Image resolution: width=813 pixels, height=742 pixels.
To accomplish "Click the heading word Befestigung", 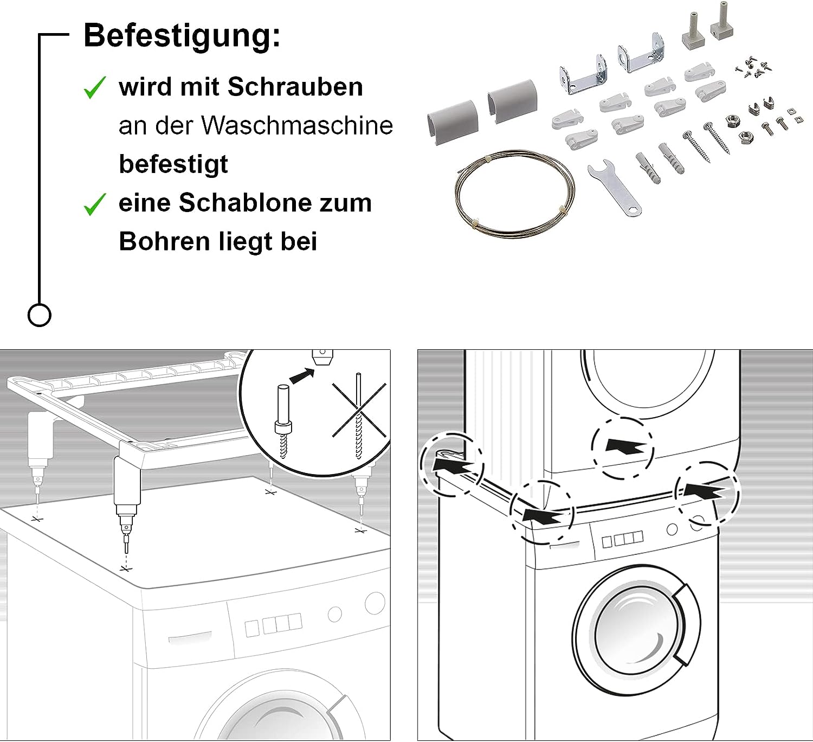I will click(182, 36).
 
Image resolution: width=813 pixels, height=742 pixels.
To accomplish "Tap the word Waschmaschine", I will click(297, 126).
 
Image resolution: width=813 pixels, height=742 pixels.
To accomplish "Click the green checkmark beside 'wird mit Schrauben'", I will click(95, 87).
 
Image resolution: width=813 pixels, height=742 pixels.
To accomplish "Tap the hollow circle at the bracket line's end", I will click(39, 315).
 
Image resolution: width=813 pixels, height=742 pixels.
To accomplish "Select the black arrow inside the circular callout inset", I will click(302, 375).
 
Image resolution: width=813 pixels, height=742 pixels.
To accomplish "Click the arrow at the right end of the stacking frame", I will click(705, 491).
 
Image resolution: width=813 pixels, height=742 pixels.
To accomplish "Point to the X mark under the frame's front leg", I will click(126, 568).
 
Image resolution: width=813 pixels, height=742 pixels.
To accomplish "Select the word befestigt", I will click(173, 164).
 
